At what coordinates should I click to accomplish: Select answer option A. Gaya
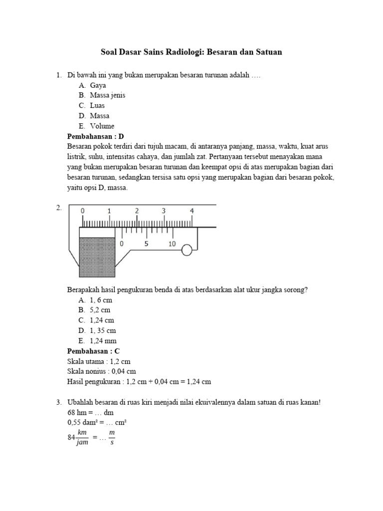92,85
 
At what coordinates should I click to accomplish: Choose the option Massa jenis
102,95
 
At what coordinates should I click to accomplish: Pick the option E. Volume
97,126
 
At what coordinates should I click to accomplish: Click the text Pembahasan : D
95,136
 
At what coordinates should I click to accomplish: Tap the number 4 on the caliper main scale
191,211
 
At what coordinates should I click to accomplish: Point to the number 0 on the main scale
82,211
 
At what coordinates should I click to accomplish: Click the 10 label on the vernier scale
172,244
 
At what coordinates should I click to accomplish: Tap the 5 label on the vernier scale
146,244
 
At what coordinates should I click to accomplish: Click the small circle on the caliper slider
187,250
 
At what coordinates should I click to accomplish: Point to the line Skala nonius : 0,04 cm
101,371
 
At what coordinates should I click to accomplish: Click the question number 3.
58,402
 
